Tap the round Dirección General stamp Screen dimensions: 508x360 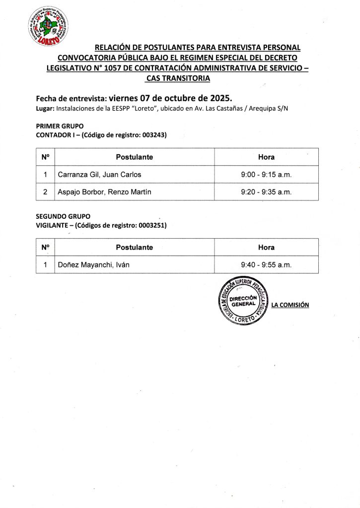pos(243,301)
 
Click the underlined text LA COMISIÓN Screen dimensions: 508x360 pos(290,305)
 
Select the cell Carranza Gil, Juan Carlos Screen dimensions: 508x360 pos(100,175)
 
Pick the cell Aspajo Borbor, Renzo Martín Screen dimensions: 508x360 pos(104,192)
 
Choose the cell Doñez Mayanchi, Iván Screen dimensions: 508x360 pos(94,265)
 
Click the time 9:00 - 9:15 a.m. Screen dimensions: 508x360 pos(266,175)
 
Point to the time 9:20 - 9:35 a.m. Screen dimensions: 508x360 pos(266,192)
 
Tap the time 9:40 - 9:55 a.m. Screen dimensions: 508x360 pos(266,265)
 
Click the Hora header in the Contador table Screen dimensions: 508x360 pos(266,157)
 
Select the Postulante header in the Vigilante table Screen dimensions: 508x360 pos(134,247)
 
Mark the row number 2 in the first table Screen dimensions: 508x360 pos(45,192)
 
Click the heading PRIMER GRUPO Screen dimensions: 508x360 pos(60,126)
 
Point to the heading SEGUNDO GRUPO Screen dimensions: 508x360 pos(63,216)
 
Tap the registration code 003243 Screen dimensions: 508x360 pos(153,135)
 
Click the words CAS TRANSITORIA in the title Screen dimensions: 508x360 pos(178,79)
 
